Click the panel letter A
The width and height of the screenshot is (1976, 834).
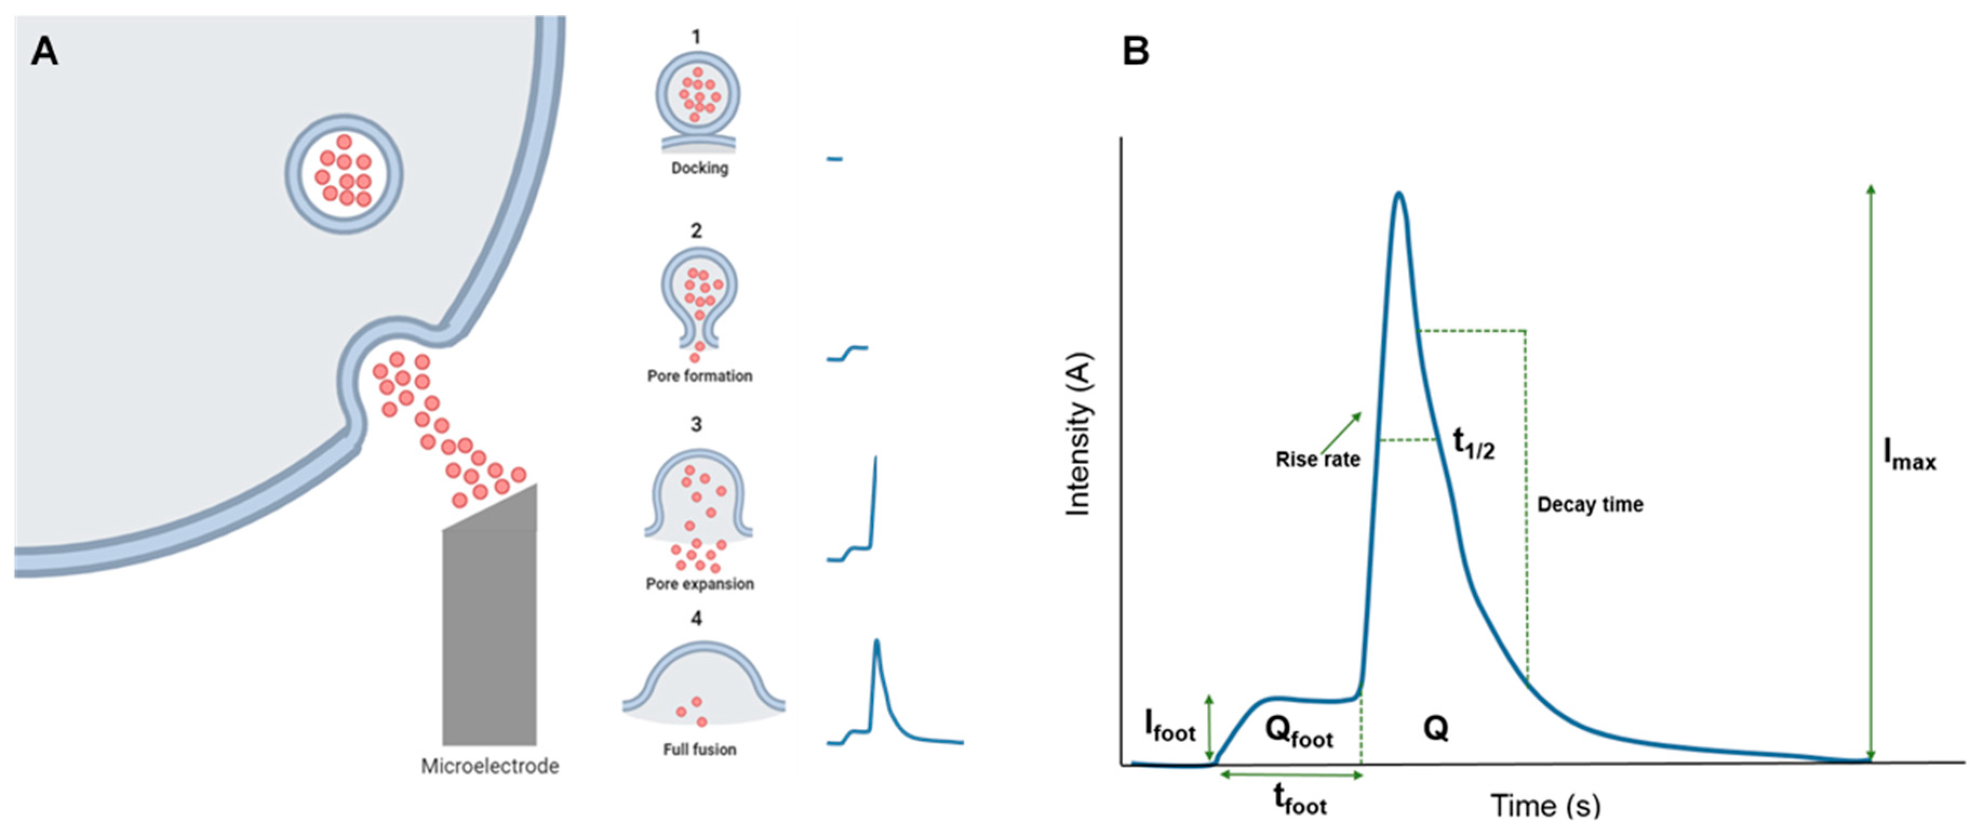click(44, 52)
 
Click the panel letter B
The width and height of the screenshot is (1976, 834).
click(1136, 52)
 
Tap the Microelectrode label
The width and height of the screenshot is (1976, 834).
click(489, 766)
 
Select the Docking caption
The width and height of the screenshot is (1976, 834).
click(700, 168)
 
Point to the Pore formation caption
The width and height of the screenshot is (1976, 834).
click(700, 376)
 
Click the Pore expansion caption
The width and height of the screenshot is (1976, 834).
click(700, 584)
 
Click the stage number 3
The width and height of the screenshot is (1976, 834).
click(696, 424)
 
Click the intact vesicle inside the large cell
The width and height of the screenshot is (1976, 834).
click(345, 174)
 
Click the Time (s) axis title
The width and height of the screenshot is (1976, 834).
click(1545, 805)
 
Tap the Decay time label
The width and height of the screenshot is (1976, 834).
click(1590, 505)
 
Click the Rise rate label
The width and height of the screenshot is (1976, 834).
click(1317, 459)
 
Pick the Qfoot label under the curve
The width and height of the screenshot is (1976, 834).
click(1299, 733)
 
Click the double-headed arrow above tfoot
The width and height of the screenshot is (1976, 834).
click(1291, 775)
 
